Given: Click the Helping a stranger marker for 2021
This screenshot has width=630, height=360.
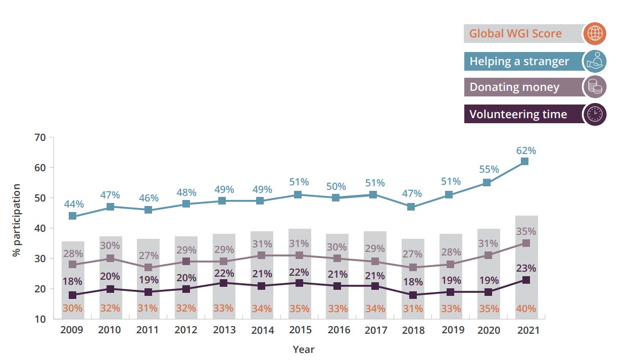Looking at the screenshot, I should click(525, 162).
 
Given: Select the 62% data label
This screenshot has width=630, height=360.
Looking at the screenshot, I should click(525, 150).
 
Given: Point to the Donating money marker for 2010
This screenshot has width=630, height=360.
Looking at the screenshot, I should click(110, 259).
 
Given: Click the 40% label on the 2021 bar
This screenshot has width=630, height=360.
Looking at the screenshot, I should click(525, 308).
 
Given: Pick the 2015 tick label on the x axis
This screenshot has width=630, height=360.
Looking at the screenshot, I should click(300, 330).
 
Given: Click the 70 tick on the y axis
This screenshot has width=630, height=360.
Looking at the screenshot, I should click(40, 137).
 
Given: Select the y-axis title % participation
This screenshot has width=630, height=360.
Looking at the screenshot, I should click(17, 220).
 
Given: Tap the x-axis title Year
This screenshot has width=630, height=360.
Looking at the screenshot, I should click(304, 349).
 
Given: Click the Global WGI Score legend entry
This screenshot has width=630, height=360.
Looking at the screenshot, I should click(515, 34).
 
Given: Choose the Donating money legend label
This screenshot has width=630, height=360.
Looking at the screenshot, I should click(514, 87).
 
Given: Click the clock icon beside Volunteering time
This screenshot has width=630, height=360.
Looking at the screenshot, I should click(594, 114).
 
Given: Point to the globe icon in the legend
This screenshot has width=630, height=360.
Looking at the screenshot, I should click(594, 34).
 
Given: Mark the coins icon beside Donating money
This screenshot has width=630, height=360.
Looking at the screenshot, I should click(594, 87).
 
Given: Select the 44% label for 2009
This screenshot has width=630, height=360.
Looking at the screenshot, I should click(73, 204).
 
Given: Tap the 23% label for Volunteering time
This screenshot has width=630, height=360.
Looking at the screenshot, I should click(525, 268).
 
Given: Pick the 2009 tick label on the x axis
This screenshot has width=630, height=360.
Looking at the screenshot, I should click(72, 330).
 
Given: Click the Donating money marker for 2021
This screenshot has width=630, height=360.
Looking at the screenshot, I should click(525, 243).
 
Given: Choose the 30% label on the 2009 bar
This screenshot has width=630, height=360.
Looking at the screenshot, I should click(72, 308).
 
